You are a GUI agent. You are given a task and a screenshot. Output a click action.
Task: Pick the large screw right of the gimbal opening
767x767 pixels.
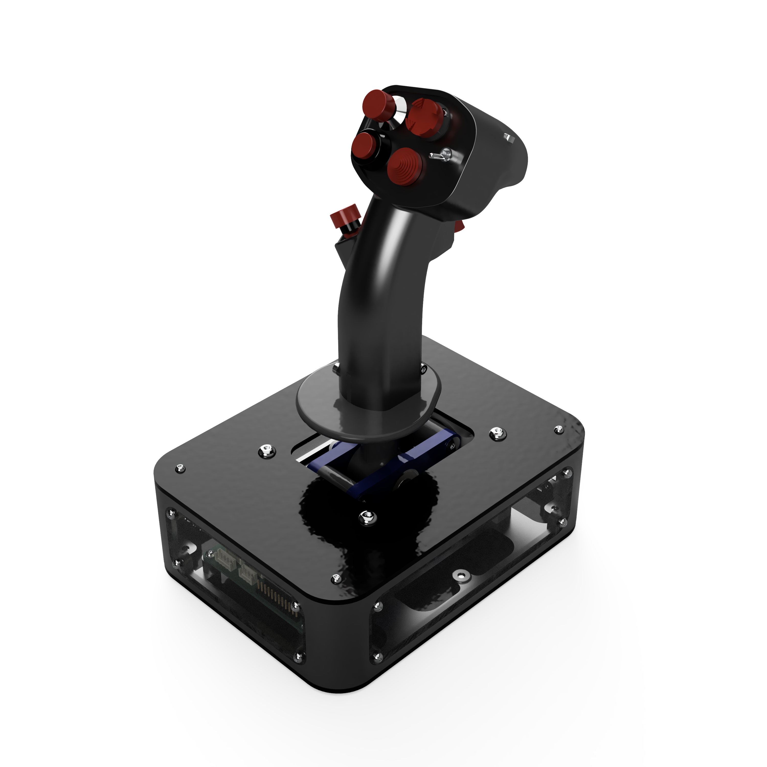[x=498, y=433]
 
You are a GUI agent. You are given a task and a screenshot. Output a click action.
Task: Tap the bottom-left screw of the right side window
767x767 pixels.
[x=376, y=657]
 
